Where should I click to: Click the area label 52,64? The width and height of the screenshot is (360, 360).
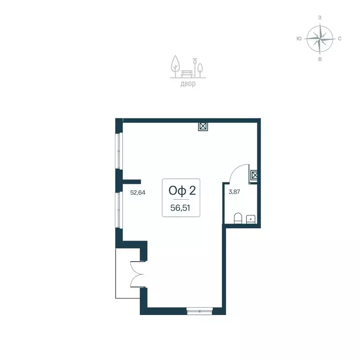point(138,192)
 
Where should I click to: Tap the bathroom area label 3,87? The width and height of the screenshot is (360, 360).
point(234,192)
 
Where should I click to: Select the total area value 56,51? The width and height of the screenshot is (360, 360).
point(180,208)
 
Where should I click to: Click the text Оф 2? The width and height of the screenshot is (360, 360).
point(182,191)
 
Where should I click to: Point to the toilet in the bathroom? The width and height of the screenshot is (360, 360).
point(238,218)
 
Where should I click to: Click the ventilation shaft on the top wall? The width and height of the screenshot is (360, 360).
point(203,127)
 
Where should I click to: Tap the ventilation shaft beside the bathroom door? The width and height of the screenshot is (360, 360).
point(254,176)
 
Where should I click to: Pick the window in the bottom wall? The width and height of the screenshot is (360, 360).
point(200,311)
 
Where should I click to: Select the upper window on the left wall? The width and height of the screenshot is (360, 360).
point(119,151)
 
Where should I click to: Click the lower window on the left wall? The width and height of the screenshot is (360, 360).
point(119,210)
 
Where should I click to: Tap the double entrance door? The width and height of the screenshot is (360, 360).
point(137,274)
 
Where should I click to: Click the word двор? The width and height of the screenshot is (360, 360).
point(188,84)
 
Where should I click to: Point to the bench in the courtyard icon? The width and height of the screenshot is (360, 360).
point(188,74)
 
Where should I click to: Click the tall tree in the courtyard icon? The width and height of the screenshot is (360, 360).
point(176,66)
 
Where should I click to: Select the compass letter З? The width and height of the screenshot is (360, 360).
point(320,18)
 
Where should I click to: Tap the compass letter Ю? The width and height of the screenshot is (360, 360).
point(299,38)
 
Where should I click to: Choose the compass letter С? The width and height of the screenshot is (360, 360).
point(340,38)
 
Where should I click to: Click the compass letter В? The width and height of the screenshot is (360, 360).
point(320,59)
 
